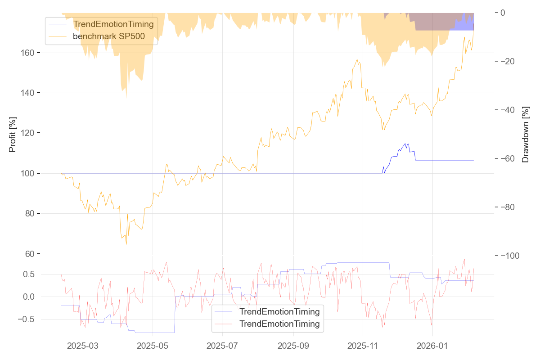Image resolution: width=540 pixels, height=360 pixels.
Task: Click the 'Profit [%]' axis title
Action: [13, 134]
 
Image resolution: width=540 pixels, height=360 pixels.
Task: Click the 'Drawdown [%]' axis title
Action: [525, 134]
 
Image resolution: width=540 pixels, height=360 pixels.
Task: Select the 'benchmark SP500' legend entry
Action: [108, 36]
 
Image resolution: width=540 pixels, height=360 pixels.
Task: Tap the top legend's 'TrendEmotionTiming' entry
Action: [113, 24]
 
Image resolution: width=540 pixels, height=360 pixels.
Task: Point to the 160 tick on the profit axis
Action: [27, 53]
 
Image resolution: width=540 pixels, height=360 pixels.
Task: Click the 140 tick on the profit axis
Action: [27, 93]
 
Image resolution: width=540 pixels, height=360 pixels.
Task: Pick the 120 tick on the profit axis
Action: [27, 133]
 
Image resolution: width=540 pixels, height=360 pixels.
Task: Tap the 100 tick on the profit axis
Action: [27, 173]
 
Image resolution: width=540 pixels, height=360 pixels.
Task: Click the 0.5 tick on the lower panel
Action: [29, 274]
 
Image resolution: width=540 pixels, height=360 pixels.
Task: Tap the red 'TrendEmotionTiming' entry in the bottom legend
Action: [279, 324]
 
